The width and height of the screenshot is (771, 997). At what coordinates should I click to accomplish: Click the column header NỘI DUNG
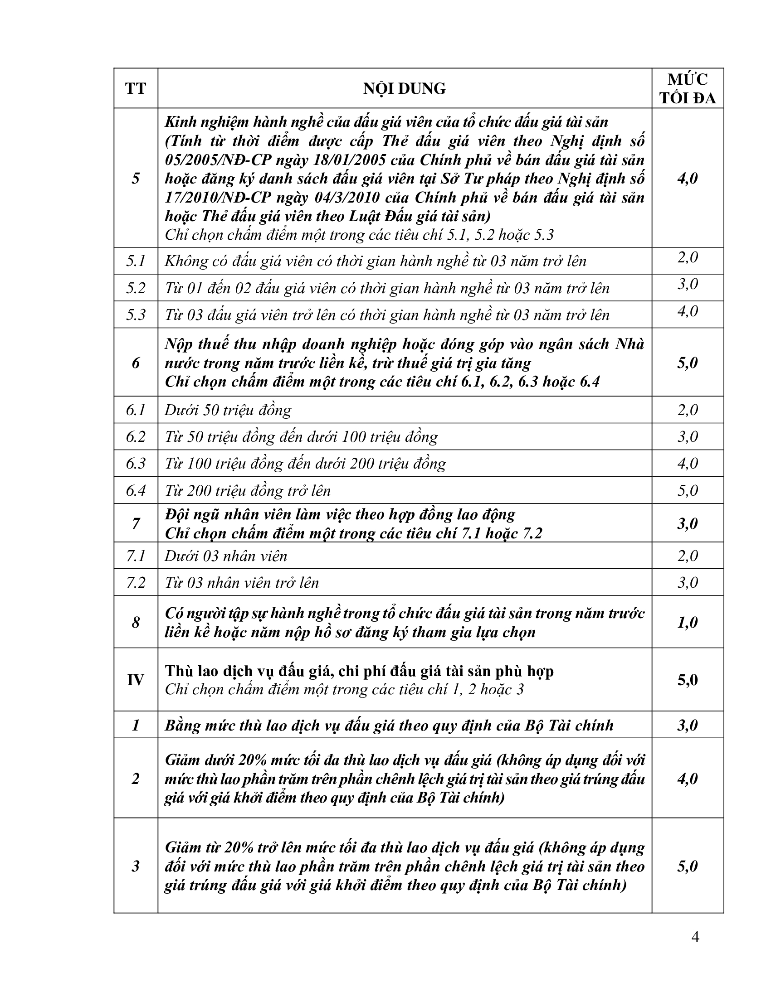pyautogui.click(x=404, y=88)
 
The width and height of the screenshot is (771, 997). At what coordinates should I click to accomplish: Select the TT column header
pyautogui.click(x=136, y=88)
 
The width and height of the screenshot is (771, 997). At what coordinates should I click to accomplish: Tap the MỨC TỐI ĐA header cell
pyautogui.click(x=688, y=88)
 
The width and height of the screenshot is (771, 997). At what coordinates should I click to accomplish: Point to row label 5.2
pyautogui.click(x=136, y=288)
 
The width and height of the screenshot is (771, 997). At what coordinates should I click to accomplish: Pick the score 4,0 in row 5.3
pyautogui.click(x=688, y=311)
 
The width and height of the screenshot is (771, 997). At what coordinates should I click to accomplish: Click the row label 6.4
pyautogui.click(x=136, y=491)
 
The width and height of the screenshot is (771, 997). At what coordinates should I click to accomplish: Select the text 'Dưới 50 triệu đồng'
pyautogui.click(x=228, y=410)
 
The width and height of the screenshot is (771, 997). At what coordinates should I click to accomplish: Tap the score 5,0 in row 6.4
pyautogui.click(x=688, y=491)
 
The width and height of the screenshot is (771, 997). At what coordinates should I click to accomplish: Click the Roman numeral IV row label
pyautogui.click(x=136, y=680)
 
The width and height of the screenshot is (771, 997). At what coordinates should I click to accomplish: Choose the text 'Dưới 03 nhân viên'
pyautogui.click(x=226, y=556)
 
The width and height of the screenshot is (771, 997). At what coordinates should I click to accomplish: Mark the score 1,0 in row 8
pyautogui.click(x=688, y=622)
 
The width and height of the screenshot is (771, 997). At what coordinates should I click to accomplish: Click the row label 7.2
pyautogui.click(x=136, y=583)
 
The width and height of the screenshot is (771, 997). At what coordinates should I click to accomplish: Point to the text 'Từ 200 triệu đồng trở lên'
pyautogui.click(x=248, y=491)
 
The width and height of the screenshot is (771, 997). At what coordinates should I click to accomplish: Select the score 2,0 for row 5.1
pyautogui.click(x=688, y=257)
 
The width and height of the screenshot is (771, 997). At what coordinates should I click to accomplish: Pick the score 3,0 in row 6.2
pyautogui.click(x=688, y=437)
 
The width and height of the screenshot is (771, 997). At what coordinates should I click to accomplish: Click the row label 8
pyautogui.click(x=136, y=622)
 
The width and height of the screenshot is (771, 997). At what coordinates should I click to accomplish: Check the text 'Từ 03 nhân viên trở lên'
pyautogui.click(x=242, y=583)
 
